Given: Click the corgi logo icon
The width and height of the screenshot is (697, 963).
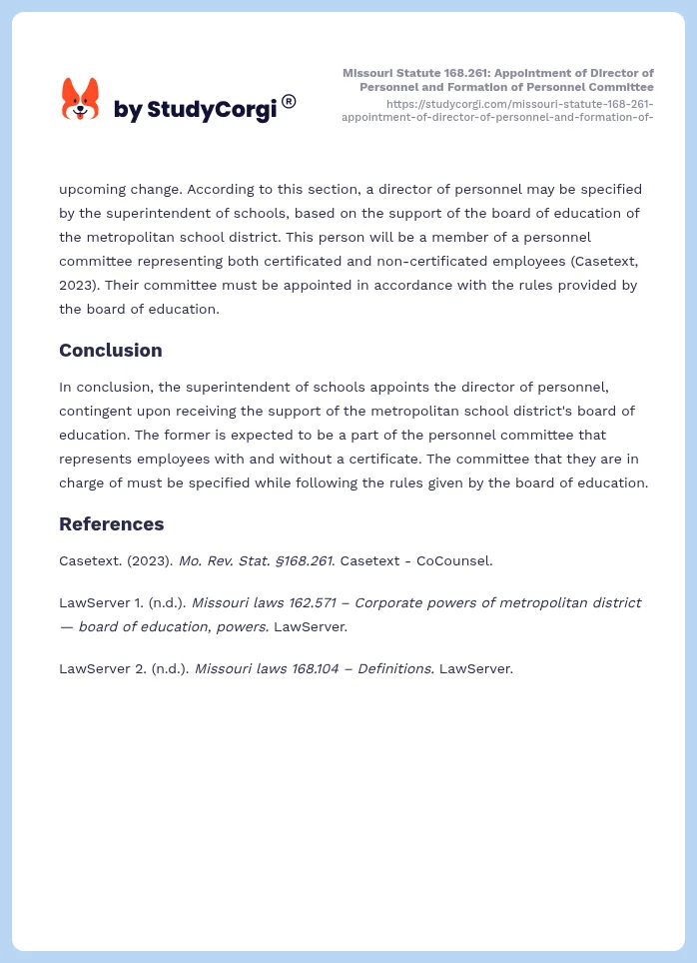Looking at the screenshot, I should tap(80, 100).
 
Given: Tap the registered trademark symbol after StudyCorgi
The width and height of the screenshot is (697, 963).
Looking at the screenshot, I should tap(289, 101).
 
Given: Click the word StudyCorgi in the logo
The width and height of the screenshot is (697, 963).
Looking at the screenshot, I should tap(211, 110).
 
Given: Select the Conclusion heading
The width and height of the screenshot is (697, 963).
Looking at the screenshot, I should tap(110, 351).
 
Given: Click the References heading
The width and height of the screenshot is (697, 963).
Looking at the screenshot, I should tap(111, 524).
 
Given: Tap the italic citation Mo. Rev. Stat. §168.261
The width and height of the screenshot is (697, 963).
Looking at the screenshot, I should tap(257, 560).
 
